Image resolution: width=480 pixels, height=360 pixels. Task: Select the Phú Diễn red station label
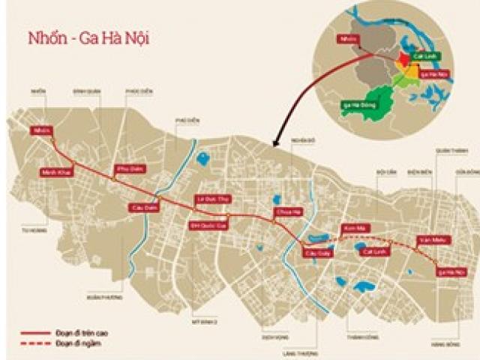coord(129,169)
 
